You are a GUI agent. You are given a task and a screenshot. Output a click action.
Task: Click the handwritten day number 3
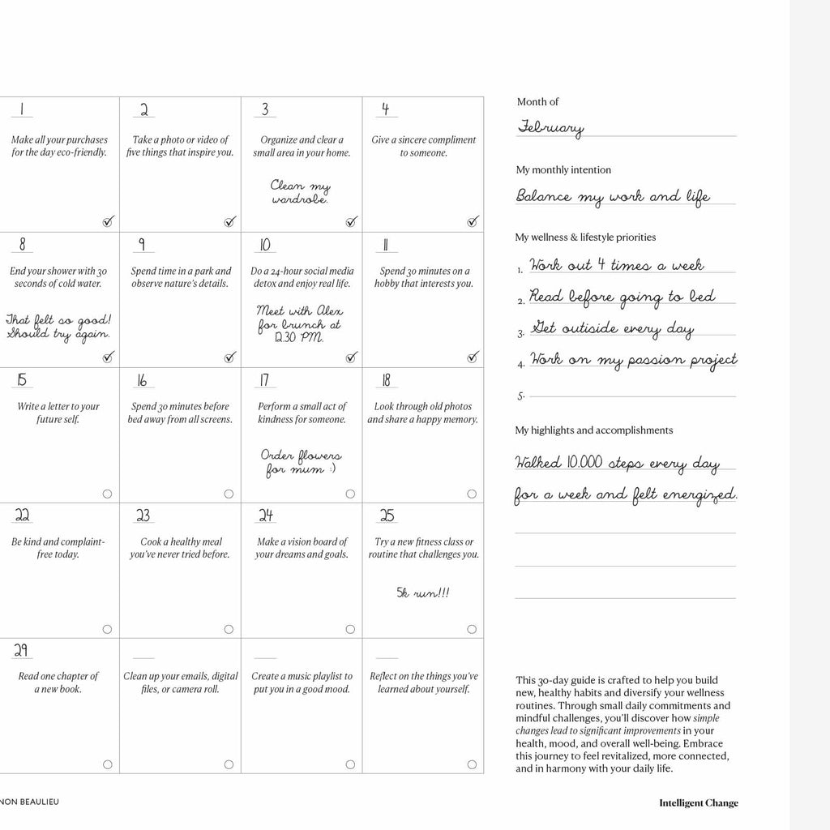[264, 109]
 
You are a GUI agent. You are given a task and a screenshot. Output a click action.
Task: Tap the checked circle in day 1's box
[109, 221]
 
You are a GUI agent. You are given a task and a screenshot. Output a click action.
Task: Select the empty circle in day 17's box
[350, 494]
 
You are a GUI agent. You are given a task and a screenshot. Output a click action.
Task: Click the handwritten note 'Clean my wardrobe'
[300, 191]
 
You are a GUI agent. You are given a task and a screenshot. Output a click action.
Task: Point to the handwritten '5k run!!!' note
[422, 593]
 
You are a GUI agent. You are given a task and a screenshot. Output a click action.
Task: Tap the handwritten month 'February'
[550, 128]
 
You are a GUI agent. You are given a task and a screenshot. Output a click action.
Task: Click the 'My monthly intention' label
[563, 170]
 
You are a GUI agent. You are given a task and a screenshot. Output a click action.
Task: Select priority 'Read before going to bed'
[622, 297]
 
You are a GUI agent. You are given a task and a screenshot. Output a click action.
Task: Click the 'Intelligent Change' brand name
[698, 803]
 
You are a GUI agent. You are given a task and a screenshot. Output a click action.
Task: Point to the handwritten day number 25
[387, 516]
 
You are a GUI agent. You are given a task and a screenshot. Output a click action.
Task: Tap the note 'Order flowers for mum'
[301, 462]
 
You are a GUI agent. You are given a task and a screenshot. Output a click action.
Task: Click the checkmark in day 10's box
[351, 357]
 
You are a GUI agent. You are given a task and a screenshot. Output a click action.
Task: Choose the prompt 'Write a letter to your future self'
[58, 413]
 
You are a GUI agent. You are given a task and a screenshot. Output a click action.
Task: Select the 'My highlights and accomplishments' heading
[594, 430]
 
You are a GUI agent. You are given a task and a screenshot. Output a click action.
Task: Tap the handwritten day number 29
[22, 650]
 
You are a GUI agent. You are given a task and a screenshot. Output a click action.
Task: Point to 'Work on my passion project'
[633, 360]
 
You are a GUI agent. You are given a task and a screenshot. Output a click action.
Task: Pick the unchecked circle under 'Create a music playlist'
[350, 764]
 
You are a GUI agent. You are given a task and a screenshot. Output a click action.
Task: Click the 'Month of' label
[537, 102]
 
